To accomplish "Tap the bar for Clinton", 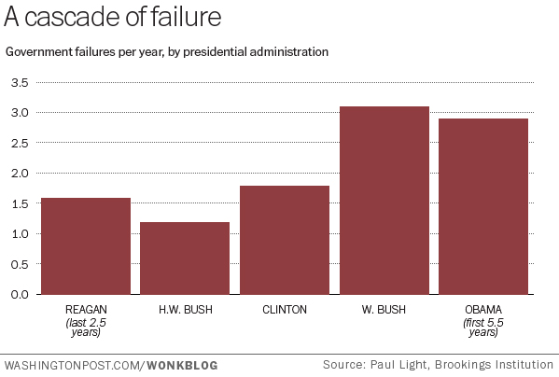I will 285,240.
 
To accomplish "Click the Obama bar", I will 483,206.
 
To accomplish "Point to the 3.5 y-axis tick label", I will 20,83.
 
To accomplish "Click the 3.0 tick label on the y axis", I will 20,113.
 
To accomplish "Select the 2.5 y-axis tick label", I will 20,143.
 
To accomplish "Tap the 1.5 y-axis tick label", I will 20,203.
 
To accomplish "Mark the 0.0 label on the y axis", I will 20,294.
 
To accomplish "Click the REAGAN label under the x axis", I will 85,310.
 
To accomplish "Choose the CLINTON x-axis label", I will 285,310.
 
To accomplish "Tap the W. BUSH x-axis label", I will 384,310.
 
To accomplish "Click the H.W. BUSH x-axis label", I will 185,310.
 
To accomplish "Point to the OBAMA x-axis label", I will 483,310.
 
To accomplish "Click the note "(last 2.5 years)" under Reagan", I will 85,327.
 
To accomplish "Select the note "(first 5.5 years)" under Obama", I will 483,327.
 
